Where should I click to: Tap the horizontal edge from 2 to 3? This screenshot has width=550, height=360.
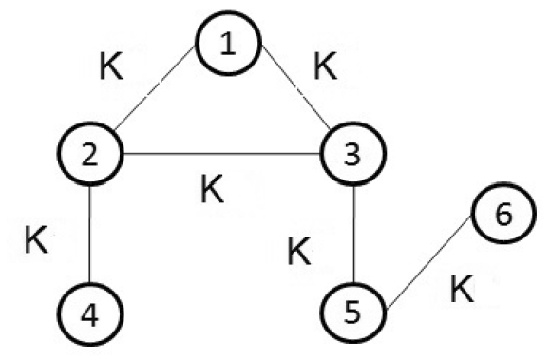coord(221,154)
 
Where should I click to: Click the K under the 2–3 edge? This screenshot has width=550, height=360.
coord(213,190)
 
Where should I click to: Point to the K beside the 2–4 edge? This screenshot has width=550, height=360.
coord(36,238)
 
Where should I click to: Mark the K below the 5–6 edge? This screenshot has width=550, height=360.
coord(462,290)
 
